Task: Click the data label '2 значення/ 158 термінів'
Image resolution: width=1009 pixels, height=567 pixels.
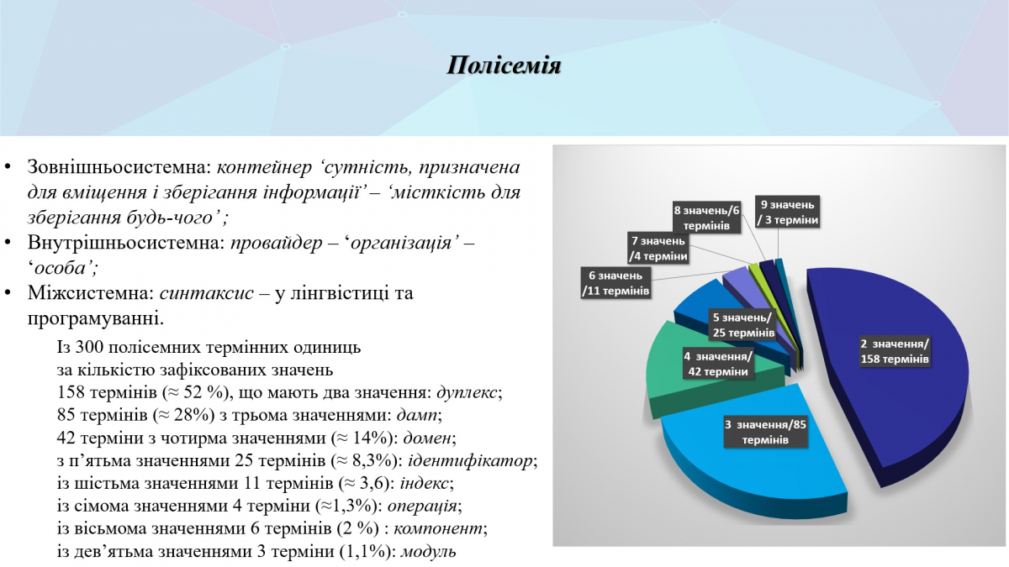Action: (894, 351)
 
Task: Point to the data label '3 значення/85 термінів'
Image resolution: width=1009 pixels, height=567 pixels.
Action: (765, 432)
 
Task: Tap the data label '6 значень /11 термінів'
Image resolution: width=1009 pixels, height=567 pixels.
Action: (615, 283)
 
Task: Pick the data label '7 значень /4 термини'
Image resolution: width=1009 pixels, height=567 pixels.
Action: (658, 249)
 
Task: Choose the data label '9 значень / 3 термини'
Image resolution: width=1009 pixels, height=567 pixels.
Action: (787, 212)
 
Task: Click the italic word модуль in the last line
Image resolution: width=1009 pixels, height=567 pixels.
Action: (429, 552)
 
